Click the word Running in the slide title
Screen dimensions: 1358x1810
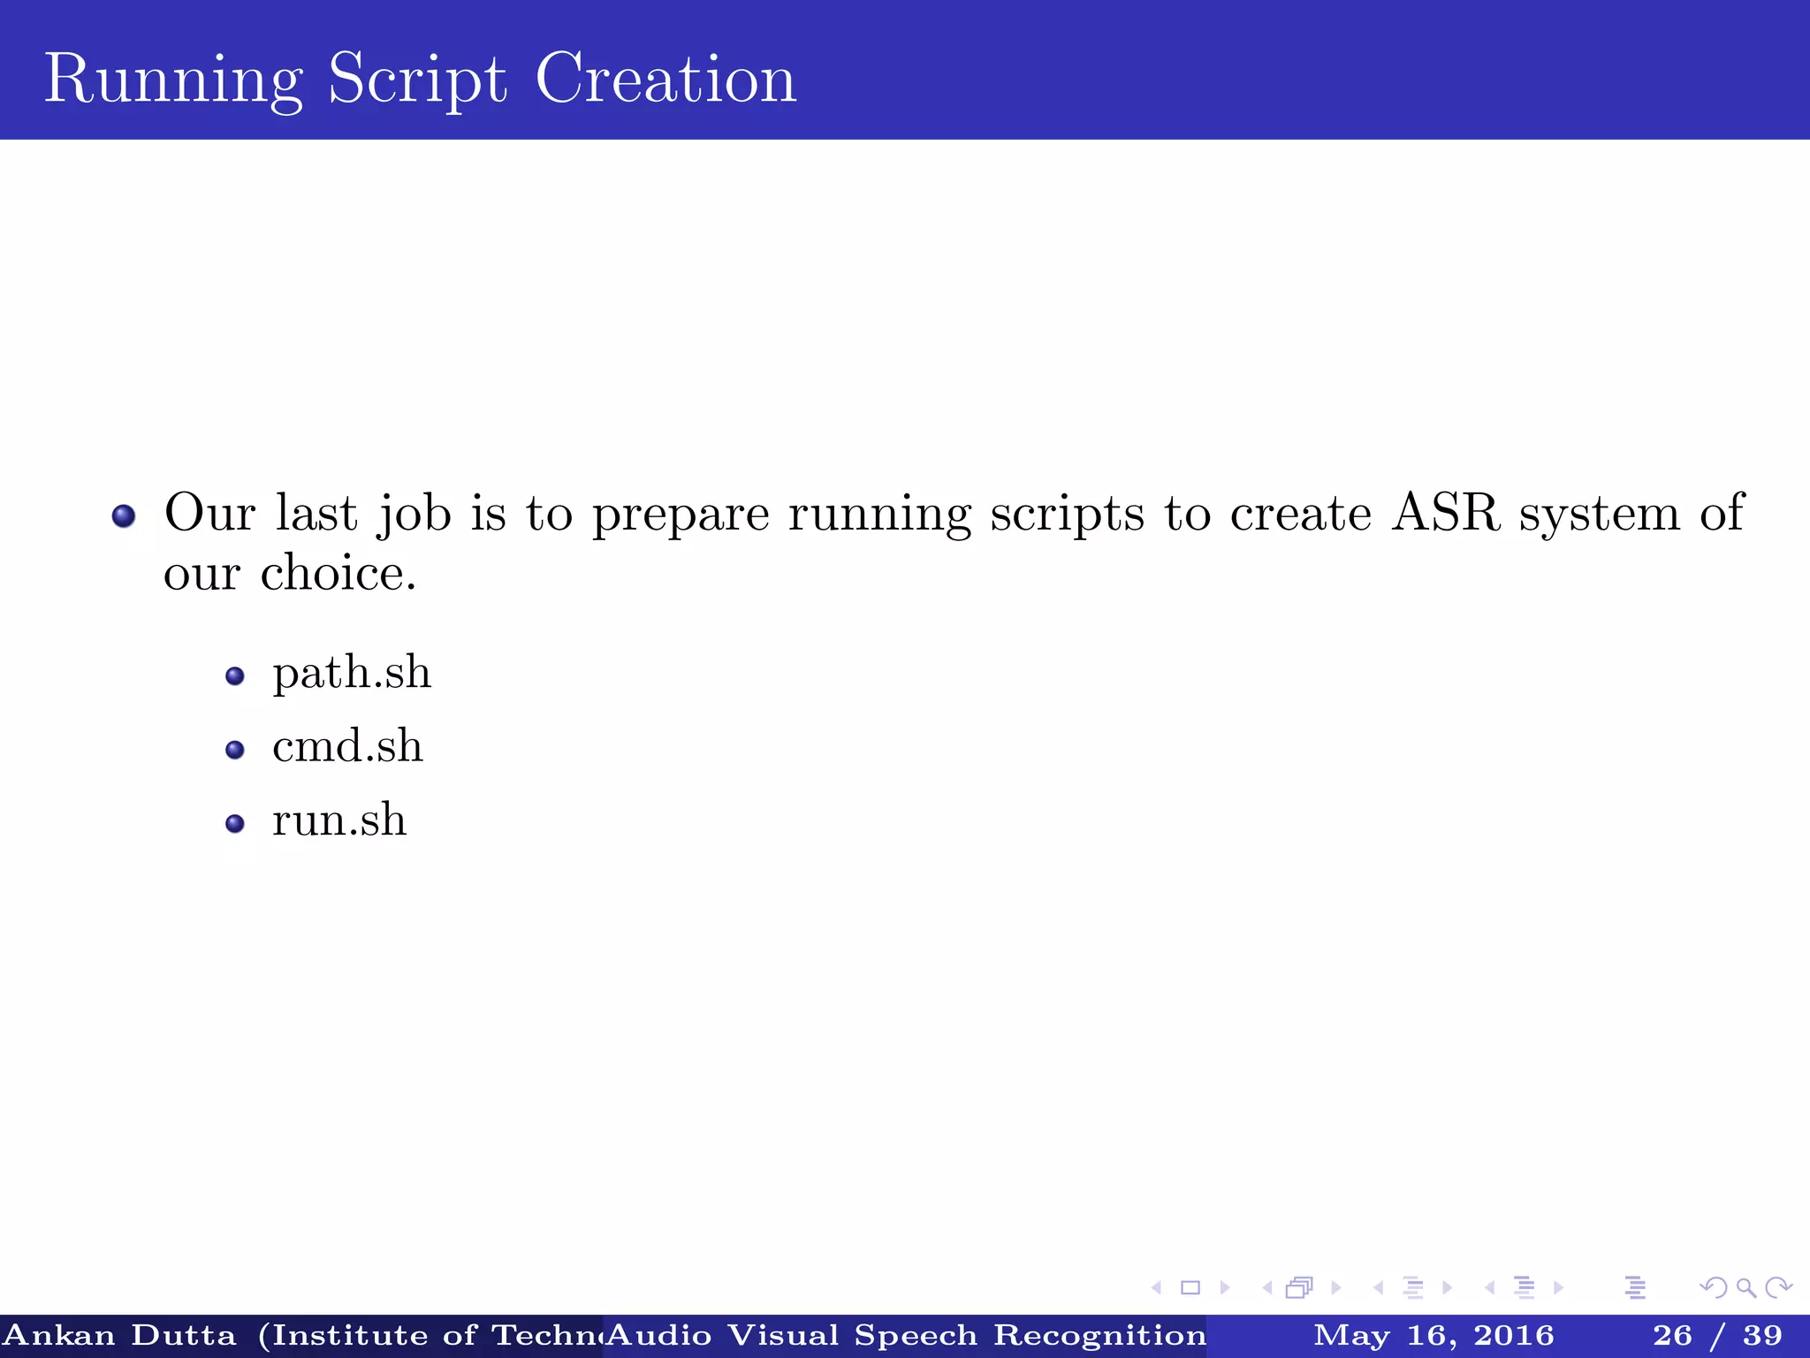(x=173, y=80)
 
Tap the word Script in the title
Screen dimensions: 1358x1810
(x=417, y=80)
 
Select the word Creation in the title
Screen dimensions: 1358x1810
(x=665, y=80)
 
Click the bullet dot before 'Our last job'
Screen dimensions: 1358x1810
(x=124, y=515)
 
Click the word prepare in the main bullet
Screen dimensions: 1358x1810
(x=681, y=515)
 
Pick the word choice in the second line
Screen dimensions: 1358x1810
(x=338, y=574)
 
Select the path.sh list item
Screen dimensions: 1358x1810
(x=352, y=674)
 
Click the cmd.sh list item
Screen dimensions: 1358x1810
(x=347, y=747)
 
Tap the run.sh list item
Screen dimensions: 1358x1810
(x=339, y=820)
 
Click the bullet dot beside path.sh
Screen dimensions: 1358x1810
(x=234, y=677)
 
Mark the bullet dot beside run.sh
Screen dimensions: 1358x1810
(x=234, y=824)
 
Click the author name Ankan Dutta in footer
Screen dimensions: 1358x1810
(x=120, y=1335)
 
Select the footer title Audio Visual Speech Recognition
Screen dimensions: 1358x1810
(x=906, y=1335)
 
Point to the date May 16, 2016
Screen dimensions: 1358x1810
(x=1434, y=1335)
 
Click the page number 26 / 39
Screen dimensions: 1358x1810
(x=1717, y=1335)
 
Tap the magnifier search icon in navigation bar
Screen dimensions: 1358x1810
(x=1745, y=1287)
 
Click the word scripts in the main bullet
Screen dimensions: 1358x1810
(x=1068, y=515)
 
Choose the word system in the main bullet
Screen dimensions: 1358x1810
(x=1599, y=515)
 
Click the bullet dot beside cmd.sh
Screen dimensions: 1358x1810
(x=234, y=751)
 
